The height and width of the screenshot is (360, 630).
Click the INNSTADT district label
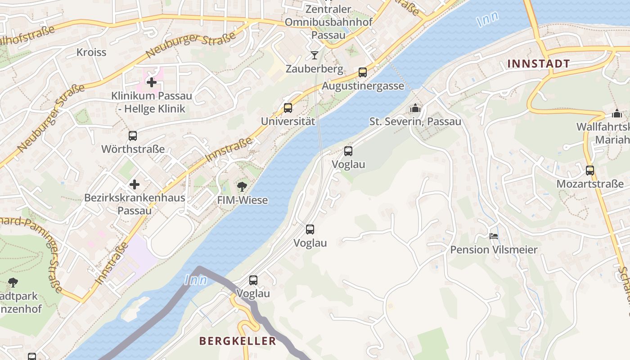(x=539, y=64)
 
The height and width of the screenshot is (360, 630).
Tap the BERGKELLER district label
(x=238, y=341)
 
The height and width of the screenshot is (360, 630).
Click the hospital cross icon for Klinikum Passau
(x=152, y=82)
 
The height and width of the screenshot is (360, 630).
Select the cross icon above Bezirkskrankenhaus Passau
(x=135, y=184)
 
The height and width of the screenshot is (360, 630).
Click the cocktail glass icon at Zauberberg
(x=314, y=55)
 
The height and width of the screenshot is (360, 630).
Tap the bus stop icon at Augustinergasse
(x=363, y=72)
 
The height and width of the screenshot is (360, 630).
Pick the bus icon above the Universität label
(x=288, y=108)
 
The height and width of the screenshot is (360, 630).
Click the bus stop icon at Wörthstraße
(x=133, y=135)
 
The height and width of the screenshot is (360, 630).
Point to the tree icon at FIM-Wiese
(x=242, y=186)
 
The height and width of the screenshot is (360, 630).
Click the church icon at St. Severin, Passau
(x=415, y=108)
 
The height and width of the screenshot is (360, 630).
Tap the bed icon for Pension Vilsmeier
(x=494, y=236)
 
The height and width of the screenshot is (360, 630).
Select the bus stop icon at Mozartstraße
(x=590, y=171)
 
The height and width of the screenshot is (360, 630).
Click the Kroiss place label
(x=91, y=52)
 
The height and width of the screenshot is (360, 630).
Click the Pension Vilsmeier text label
(x=494, y=250)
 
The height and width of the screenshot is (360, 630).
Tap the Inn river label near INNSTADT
(x=488, y=19)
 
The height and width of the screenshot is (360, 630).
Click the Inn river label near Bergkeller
(x=196, y=280)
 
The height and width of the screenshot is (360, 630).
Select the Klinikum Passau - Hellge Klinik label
(x=152, y=102)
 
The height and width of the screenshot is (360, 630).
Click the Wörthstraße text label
(x=133, y=149)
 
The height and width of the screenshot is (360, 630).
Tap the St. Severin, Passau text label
(x=415, y=121)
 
